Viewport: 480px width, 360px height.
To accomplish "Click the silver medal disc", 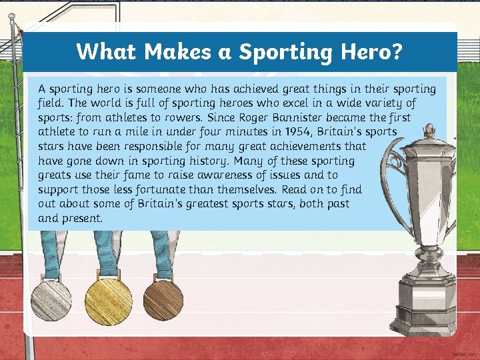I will click(51, 299).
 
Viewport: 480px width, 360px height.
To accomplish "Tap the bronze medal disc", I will click(163, 299).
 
